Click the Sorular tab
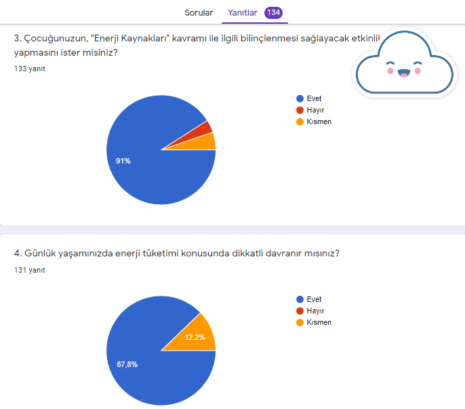click(199, 13)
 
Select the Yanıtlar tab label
click(242, 13)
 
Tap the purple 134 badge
click(274, 13)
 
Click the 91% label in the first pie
click(123, 161)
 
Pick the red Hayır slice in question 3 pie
click(207, 128)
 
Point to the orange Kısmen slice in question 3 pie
click(207, 142)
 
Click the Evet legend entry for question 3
click(313, 98)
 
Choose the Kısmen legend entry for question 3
click(318, 121)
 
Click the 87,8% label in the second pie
click(127, 364)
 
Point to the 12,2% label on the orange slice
click(196, 337)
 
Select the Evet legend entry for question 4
click(313, 299)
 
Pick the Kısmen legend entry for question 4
click(318, 322)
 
